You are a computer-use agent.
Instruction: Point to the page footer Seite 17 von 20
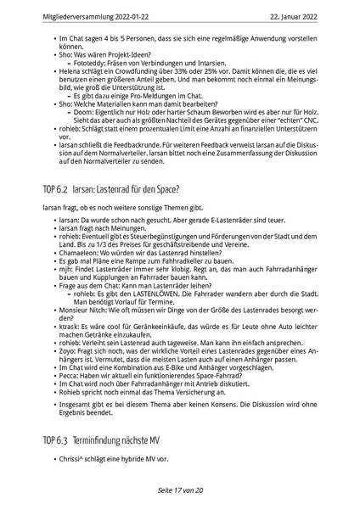(x=179, y=489)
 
